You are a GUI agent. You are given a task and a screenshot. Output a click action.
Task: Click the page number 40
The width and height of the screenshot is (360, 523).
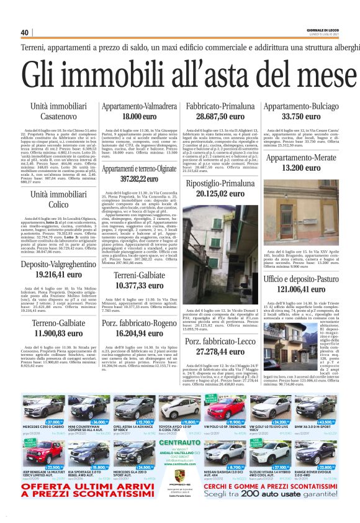[24, 33]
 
